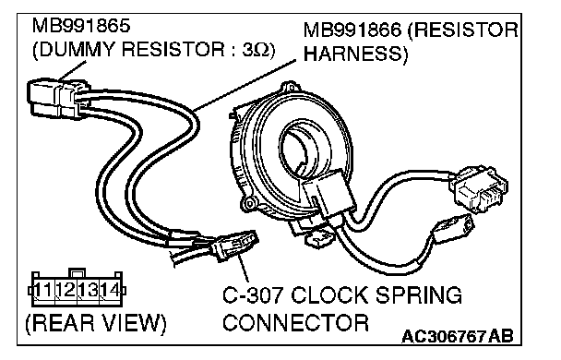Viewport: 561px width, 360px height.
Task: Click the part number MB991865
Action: point(81,26)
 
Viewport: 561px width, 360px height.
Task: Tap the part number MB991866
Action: point(352,30)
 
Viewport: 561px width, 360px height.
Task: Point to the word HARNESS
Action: point(352,54)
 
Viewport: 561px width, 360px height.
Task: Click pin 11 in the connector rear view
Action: point(43,290)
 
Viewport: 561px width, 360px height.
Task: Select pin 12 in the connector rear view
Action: point(66,290)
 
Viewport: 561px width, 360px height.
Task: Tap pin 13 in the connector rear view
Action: point(88,290)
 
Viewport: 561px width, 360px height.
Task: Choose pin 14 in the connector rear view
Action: point(110,290)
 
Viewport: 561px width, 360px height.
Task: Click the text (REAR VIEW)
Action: point(96,323)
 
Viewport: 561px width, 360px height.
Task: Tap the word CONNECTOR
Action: point(295,322)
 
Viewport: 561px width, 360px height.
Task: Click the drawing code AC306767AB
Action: point(458,336)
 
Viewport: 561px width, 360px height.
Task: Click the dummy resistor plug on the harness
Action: point(57,98)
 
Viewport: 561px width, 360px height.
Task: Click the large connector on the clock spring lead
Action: point(479,188)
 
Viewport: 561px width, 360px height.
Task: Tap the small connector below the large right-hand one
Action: point(453,228)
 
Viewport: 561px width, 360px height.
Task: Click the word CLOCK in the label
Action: point(331,295)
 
